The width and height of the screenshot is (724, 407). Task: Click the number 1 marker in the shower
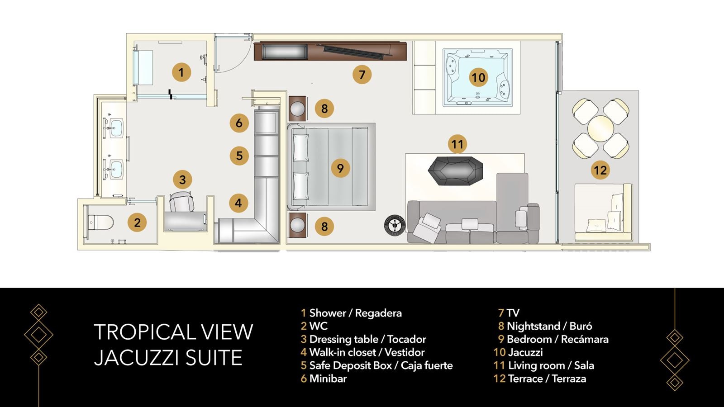[181, 72]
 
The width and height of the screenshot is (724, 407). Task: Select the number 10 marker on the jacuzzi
[478, 77]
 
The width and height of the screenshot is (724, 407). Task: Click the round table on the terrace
[600, 128]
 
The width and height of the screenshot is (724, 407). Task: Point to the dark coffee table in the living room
[455, 170]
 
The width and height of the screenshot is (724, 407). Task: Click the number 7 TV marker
[362, 74]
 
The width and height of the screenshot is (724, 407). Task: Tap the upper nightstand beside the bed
[298, 109]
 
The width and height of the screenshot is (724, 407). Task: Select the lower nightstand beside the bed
[298, 226]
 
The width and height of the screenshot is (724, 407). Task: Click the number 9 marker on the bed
[340, 168]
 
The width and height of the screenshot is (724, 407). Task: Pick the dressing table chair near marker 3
[181, 201]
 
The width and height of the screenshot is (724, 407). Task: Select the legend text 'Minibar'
[328, 379]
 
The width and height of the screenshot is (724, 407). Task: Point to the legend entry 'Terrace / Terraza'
[547, 379]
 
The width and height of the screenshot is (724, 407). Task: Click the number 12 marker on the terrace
[600, 170]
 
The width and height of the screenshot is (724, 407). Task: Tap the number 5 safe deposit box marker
[239, 156]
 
